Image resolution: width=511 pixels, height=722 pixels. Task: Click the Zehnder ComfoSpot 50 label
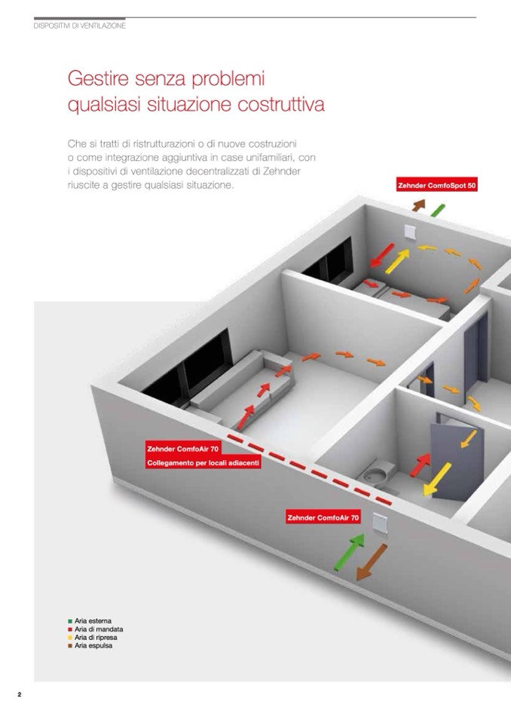click(437, 185)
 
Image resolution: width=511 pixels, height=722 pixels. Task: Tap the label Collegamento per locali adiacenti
click(203, 463)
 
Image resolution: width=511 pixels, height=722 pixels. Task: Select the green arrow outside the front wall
click(349, 552)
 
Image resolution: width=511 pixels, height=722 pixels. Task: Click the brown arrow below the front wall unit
click(372, 562)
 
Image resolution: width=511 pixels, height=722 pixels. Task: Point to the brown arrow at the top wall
click(418, 205)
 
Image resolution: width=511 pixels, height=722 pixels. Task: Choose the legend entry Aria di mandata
click(96, 629)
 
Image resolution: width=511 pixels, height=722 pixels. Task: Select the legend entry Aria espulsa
click(90, 645)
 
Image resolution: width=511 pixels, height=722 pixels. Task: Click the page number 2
click(20, 694)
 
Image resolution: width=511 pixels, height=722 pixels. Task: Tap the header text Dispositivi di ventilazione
click(80, 26)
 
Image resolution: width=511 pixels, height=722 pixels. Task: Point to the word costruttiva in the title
click(281, 104)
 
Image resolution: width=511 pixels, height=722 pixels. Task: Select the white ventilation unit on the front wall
click(381, 524)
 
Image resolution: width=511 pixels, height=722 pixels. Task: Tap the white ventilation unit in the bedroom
click(410, 233)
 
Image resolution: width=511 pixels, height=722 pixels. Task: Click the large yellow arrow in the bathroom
click(437, 480)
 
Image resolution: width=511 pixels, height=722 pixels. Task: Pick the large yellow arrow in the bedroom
click(397, 261)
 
